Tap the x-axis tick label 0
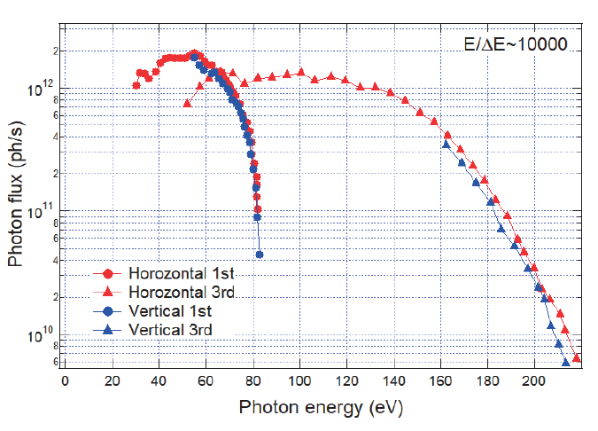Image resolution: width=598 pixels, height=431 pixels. [x=65, y=382]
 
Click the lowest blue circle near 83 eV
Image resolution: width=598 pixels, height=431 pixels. [x=260, y=255]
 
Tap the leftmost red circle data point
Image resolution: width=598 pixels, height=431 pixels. [x=136, y=85]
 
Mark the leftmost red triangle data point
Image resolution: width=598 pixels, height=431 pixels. [x=187, y=103]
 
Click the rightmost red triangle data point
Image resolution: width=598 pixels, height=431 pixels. [x=577, y=358]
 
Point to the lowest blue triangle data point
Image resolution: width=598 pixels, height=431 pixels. [x=566, y=363]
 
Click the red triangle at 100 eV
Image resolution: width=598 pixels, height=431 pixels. [x=301, y=72]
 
